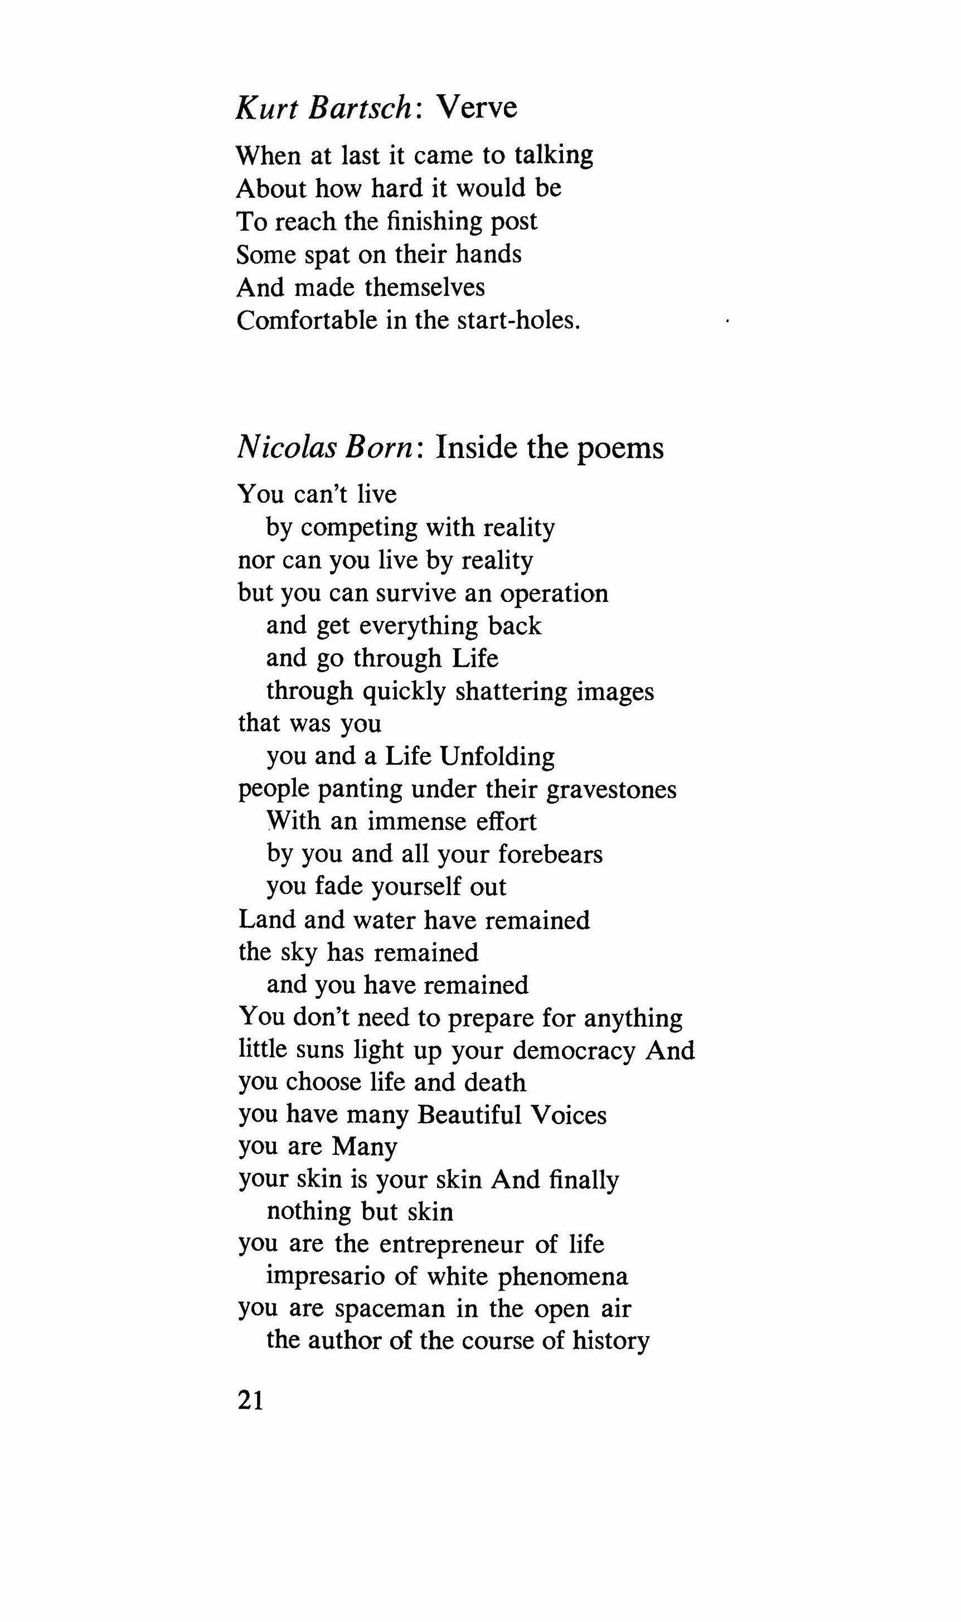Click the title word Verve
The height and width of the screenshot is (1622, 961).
[477, 108]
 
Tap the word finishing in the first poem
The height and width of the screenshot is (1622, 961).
[433, 222]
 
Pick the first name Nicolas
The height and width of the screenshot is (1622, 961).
[284, 448]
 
